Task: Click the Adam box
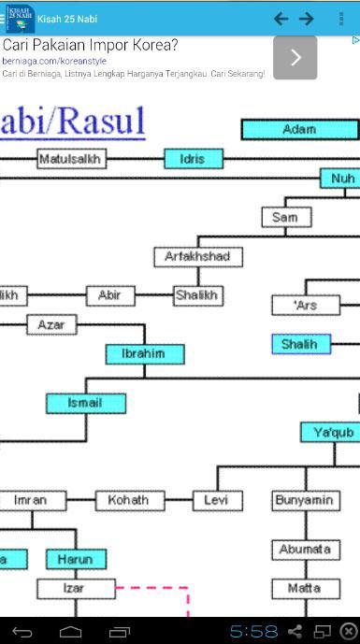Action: point(299,130)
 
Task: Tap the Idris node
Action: point(194,159)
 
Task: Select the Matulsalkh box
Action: point(70,159)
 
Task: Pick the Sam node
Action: point(285,218)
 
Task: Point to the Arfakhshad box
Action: point(197,256)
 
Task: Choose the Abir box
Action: point(110,295)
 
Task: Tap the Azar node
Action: point(51,324)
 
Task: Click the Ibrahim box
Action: point(144,354)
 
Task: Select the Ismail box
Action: point(85,403)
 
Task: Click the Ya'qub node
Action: point(331,432)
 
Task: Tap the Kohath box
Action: point(128,500)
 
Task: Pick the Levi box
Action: point(217,500)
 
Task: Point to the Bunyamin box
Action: point(304,500)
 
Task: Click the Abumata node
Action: point(304,549)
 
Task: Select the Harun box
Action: point(76,559)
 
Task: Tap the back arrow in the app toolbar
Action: point(281,19)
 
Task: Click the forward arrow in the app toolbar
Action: point(306,19)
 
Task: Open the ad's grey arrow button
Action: point(295,58)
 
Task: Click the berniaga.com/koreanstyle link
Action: point(54,61)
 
